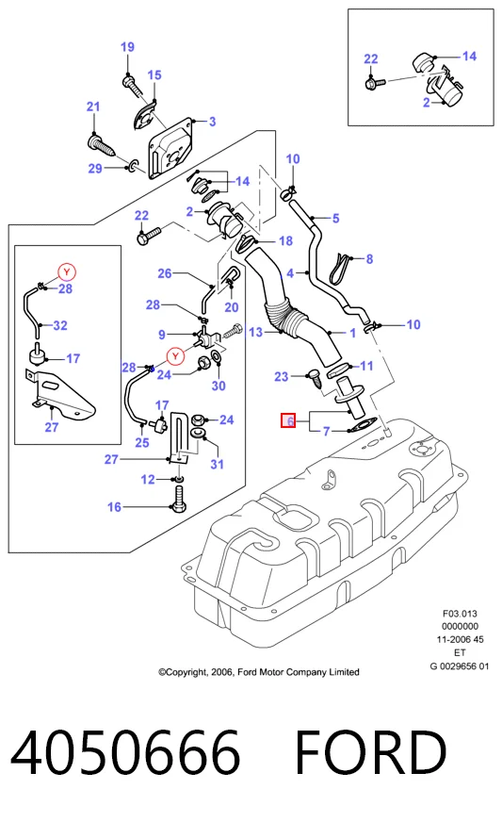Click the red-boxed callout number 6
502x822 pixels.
[288, 420]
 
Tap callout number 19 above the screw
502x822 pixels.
[127, 47]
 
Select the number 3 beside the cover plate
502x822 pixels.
[212, 122]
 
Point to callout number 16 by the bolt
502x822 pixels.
[114, 507]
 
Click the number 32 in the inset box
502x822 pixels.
[60, 325]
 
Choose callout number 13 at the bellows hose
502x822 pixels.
[256, 333]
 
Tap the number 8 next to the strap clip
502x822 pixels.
[369, 259]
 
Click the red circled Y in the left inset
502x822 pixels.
[67, 272]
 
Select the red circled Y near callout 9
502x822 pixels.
[175, 356]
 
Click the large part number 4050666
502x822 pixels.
[126, 751]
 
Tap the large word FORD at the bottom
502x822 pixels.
[371, 751]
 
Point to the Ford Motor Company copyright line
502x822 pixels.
[259, 672]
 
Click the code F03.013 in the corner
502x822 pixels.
[460, 614]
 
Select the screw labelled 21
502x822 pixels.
[100, 144]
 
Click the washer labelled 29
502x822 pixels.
[134, 167]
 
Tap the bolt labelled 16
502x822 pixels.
[178, 499]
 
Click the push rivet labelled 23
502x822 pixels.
[316, 379]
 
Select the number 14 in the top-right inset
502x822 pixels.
[469, 57]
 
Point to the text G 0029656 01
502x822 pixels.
[460, 666]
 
